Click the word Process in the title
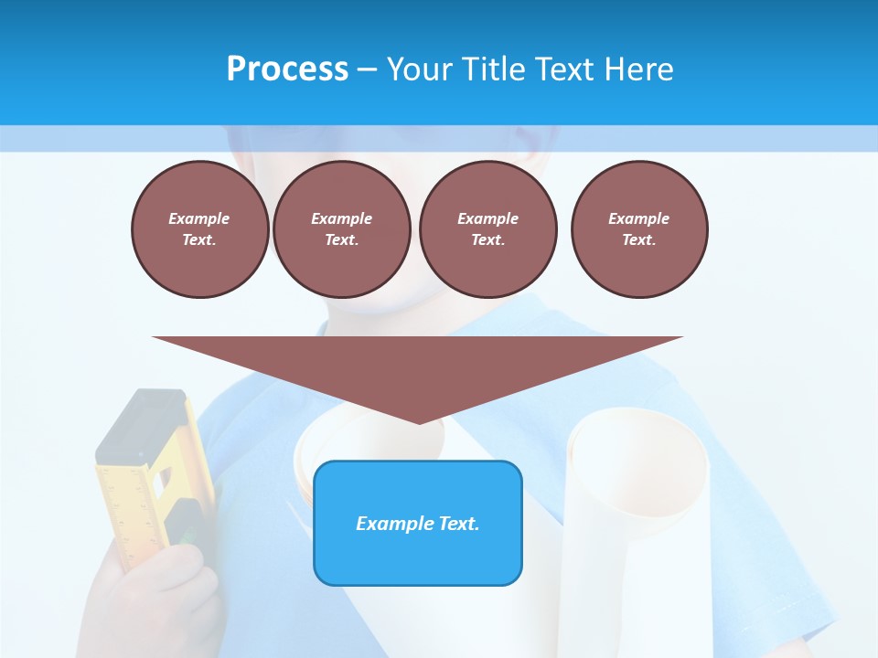pos(287,69)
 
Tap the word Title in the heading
pos(490,69)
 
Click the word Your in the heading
pos(422,69)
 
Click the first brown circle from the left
pos(199,228)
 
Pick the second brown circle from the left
pos(341,228)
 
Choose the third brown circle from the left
pos(487,228)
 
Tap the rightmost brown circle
pos(639,228)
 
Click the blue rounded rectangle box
pos(418,522)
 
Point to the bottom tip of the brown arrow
pos(419,422)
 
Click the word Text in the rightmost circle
pos(638,239)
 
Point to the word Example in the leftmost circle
pos(199,218)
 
